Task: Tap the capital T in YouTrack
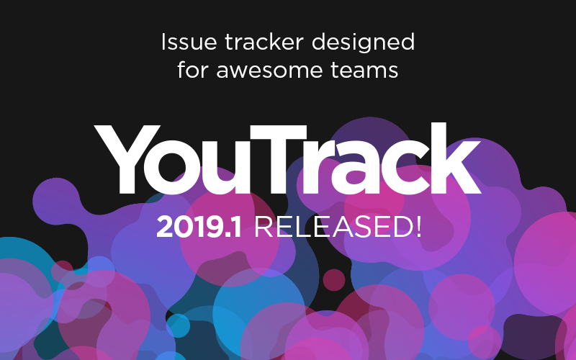(x=298, y=159)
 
